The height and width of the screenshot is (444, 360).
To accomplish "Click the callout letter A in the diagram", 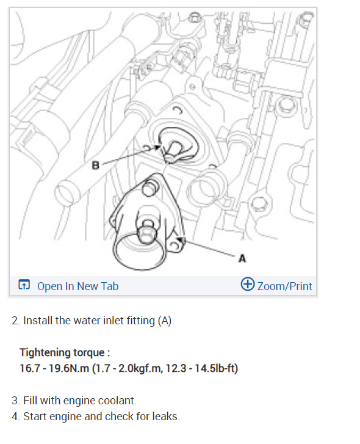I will coord(242,258).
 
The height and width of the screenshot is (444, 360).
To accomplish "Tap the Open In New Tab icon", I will coord(24,285).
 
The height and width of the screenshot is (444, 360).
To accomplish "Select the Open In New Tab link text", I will coord(77,286).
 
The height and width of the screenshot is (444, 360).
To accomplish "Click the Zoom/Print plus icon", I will coord(248,285).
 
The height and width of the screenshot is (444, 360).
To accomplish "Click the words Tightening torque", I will coord(64,352).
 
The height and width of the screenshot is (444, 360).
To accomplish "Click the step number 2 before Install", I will coord(15,321).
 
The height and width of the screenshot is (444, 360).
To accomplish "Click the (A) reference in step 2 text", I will coord(165,321).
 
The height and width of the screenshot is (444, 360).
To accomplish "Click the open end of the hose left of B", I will coord(68,191).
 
